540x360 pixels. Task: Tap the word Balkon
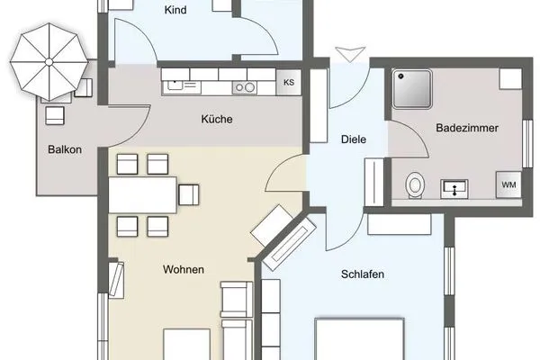click(67, 150)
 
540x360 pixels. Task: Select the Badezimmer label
click(462, 129)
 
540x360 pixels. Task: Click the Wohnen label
click(183, 269)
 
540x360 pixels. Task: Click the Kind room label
click(175, 11)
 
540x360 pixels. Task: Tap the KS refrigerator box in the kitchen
click(289, 83)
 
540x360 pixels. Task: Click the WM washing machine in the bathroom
click(508, 185)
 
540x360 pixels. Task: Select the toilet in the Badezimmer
click(415, 184)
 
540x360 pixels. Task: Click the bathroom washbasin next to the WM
click(455, 188)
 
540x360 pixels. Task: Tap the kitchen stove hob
click(244, 87)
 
